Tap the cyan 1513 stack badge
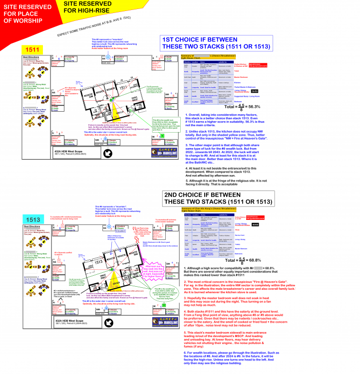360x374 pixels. click(x=34, y=220)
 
